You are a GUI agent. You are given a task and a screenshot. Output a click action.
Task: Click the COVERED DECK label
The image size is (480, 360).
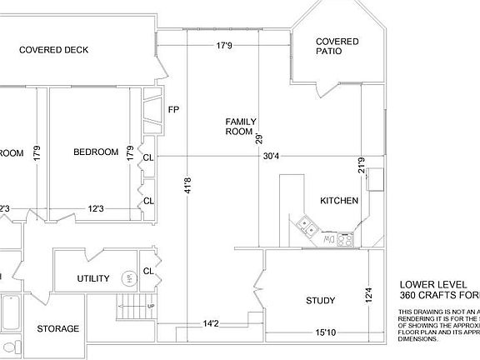[54, 50]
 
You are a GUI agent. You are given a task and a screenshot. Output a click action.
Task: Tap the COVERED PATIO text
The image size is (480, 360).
[337, 47]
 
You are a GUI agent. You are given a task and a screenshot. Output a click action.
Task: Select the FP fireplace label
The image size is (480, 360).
[174, 110]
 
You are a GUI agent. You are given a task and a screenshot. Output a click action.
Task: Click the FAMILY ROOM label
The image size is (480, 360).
[239, 127]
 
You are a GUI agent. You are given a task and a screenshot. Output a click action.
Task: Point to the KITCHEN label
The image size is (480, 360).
[339, 201]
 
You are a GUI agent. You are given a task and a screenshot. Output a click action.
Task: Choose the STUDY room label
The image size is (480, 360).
[320, 301]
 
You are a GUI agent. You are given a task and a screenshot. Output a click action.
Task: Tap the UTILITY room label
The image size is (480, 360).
[93, 278]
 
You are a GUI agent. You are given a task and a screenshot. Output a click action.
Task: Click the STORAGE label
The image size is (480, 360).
[58, 329]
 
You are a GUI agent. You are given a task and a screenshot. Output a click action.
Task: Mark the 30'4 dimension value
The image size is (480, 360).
[272, 156]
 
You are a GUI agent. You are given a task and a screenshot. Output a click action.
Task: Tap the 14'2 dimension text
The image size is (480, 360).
[211, 323]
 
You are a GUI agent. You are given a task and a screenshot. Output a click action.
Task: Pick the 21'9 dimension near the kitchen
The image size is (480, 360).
[361, 167]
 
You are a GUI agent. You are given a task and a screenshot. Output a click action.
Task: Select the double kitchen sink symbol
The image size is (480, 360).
[306, 224]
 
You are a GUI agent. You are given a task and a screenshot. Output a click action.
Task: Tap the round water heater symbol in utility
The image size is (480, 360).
[128, 278]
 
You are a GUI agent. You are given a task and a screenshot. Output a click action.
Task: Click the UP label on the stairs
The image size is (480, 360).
[149, 306]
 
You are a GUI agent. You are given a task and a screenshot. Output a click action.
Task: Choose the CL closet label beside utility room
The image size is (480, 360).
[147, 271]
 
